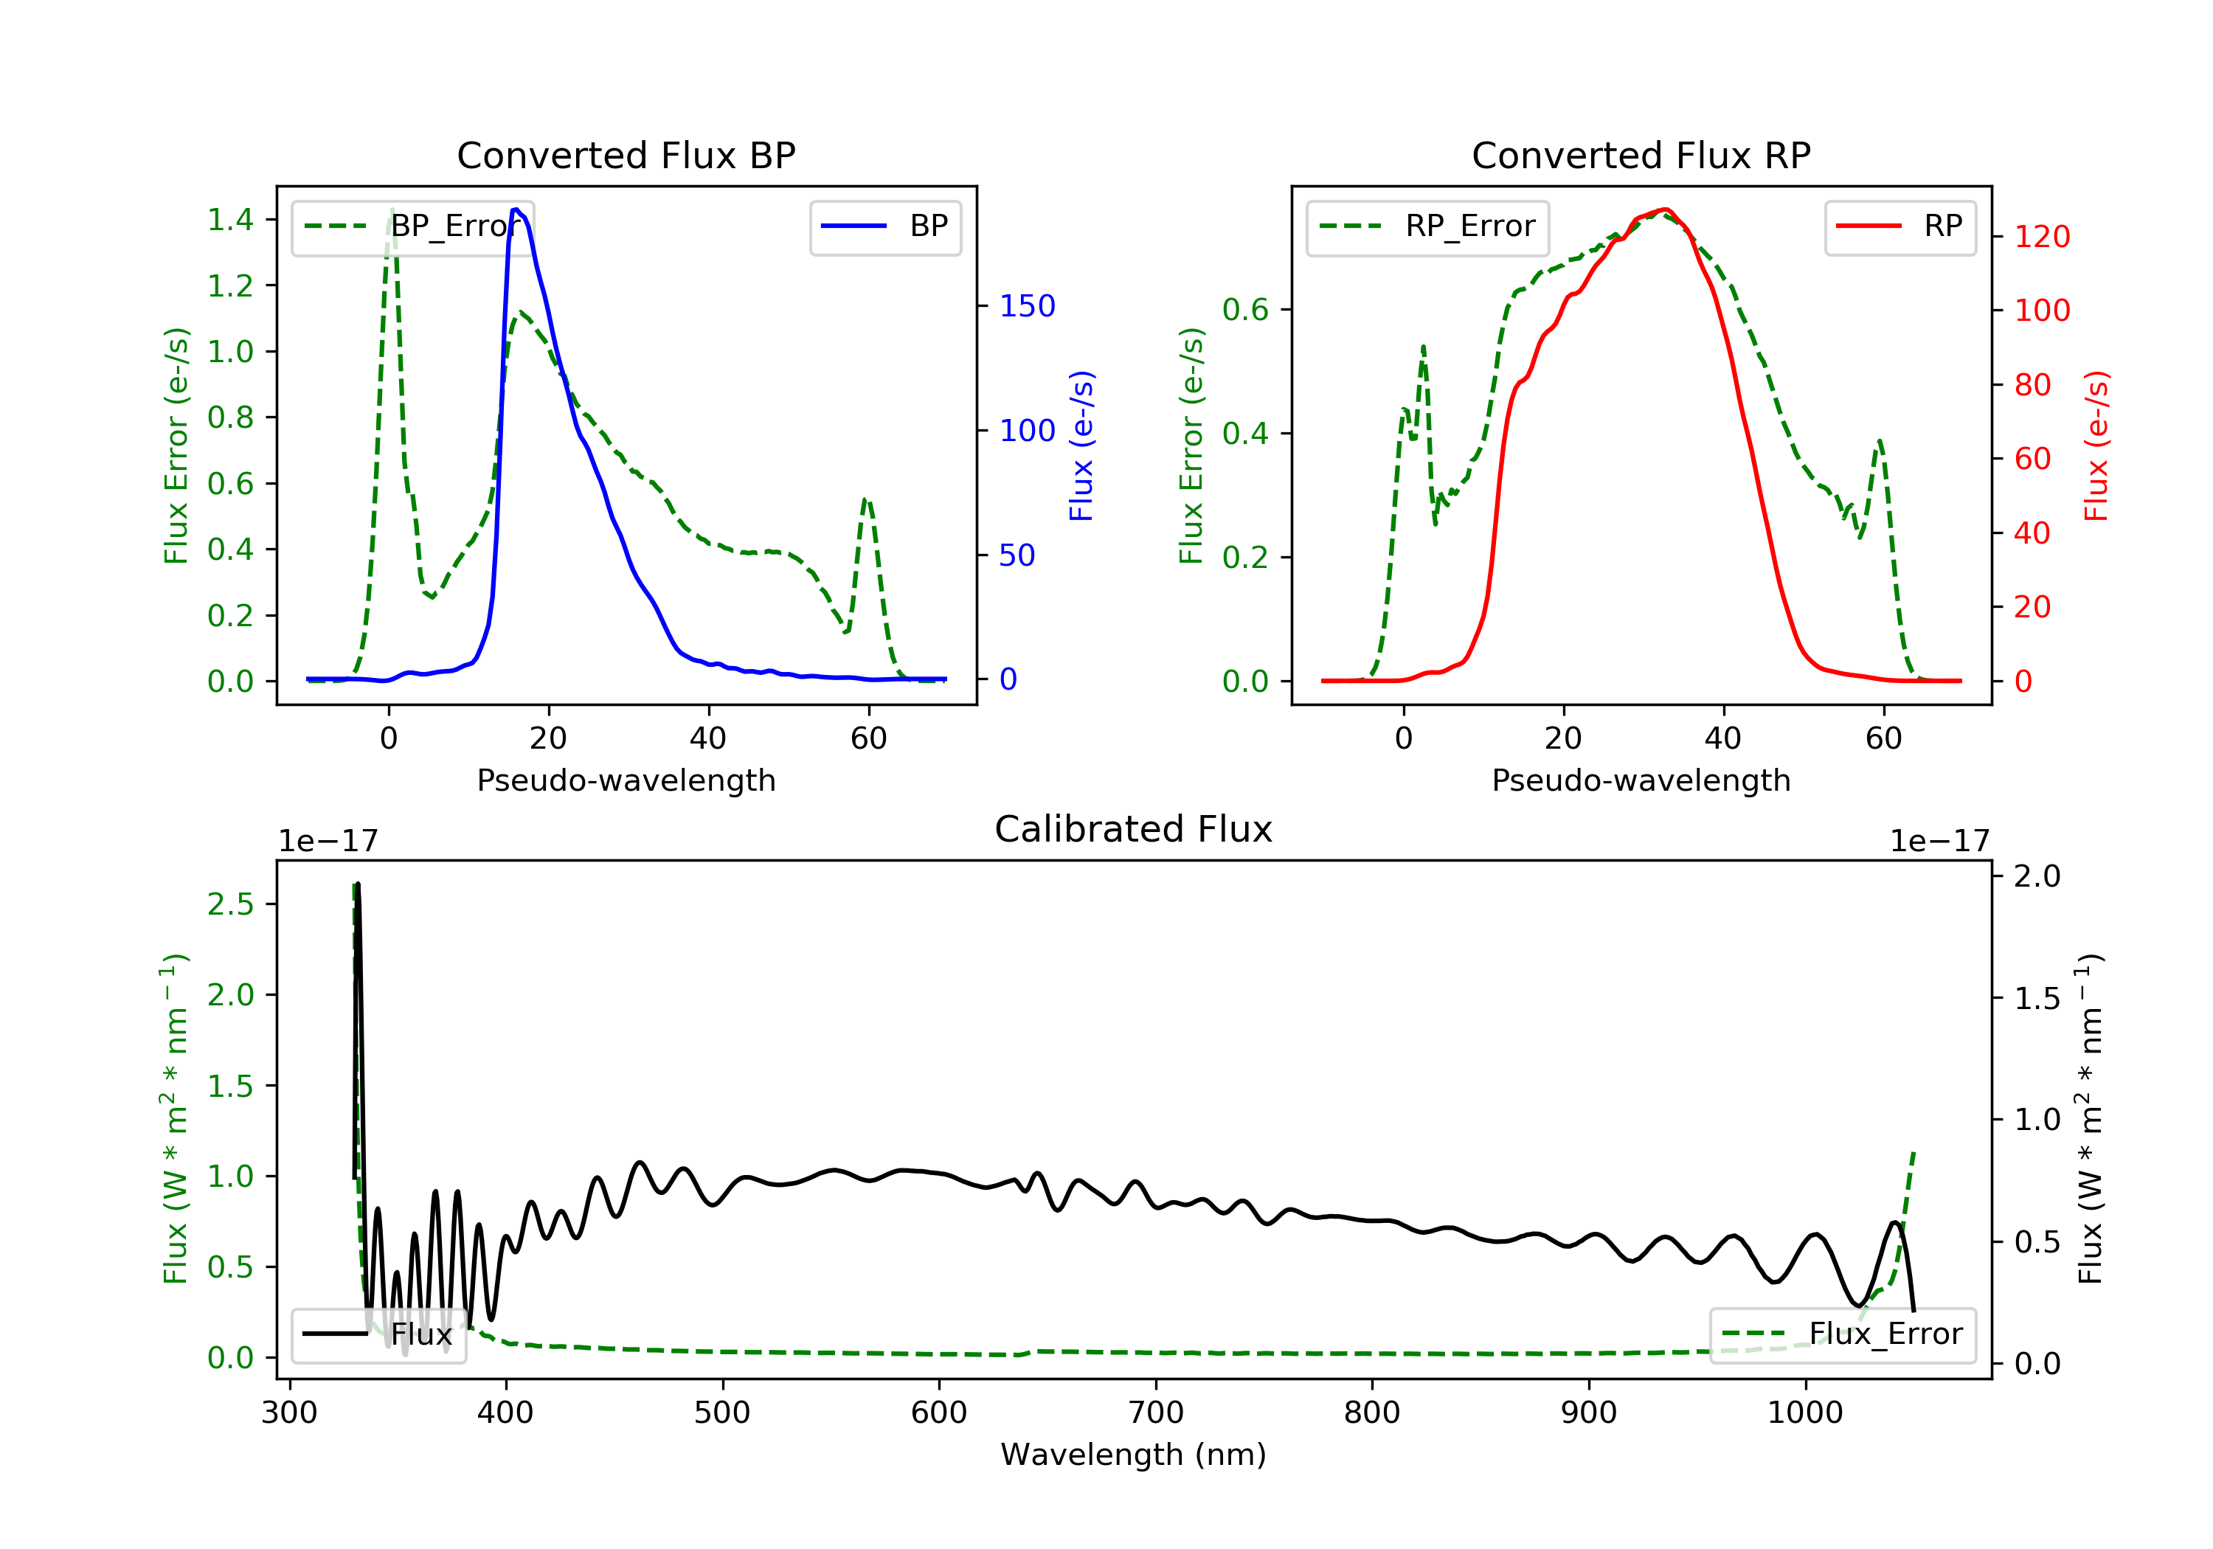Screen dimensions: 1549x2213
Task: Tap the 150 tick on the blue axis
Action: [x=1027, y=307]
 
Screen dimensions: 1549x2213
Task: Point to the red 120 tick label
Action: [x=2041, y=237]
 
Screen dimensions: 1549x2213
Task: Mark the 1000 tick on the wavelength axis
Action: [x=1804, y=1413]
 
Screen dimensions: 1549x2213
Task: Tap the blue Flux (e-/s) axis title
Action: [x=1081, y=446]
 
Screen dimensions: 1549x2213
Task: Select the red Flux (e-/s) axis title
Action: [x=2096, y=446]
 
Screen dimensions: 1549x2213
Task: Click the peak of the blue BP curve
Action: [x=516, y=209]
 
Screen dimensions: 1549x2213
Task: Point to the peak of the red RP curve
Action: [x=1665, y=209]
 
